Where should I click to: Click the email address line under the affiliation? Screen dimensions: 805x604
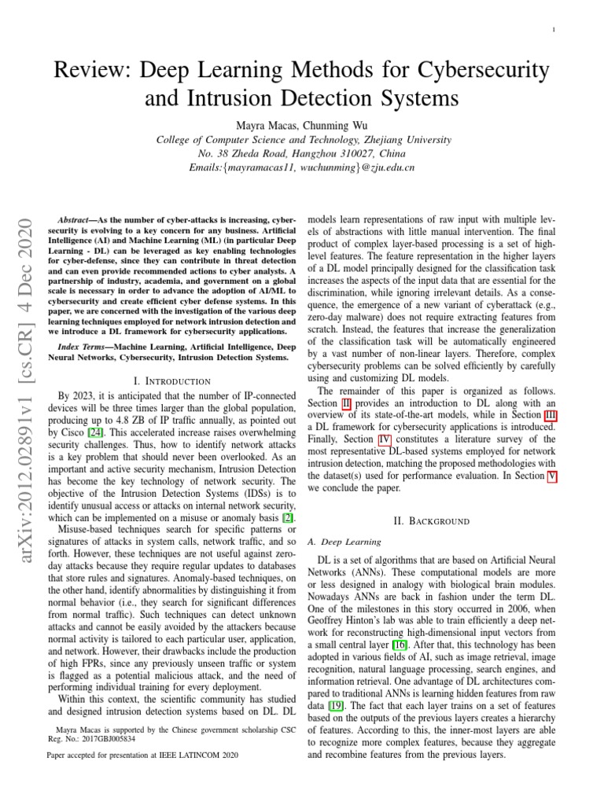pyautogui.click(x=301, y=168)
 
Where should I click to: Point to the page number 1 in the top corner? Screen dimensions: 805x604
pyautogui.click(x=554, y=30)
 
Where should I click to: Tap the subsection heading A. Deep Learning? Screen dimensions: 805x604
pyautogui.click(x=343, y=542)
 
